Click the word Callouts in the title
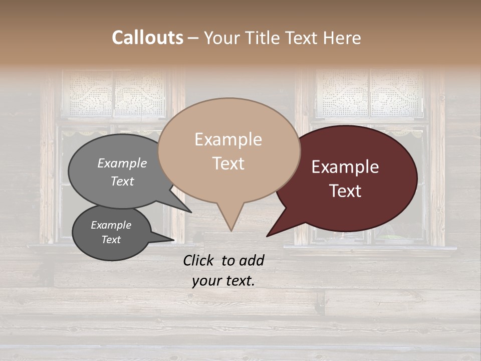point(147,38)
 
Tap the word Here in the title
point(341,38)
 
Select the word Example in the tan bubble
point(228,139)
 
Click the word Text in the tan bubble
point(228,163)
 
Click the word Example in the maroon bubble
point(345,167)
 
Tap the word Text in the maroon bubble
point(345,191)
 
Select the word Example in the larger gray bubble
point(122,163)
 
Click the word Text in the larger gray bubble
point(122,181)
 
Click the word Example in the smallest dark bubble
point(111,225)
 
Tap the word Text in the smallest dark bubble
point(111,240)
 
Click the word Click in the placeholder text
point(199,260)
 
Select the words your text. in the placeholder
point(223,281)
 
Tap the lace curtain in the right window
point(370,93)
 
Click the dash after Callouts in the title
point(193,38)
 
